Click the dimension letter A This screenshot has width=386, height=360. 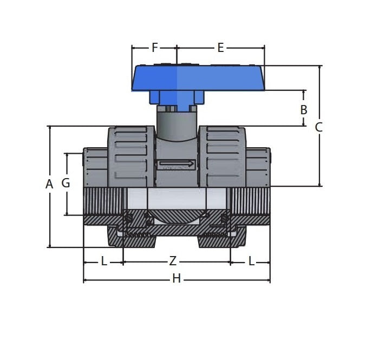pyautogui.click(x=49, y=184)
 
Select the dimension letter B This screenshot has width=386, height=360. pyautogui.click(x=304, y=110)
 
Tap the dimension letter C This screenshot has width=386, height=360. pyautogui.click(x=319, y=127)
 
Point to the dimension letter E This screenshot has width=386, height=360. pyautogui.click(x=220, y=48)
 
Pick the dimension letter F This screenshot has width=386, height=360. pyautogui.click(x=154, y=48)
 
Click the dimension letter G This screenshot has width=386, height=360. pyautogui.click(x=66, y=183)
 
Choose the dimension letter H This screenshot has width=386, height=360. pyautogui.click(x=176, y=279)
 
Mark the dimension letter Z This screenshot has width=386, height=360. pyautogui.click(x=173, y=261)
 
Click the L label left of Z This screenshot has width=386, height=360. pyautogui.click(x=104, y=261)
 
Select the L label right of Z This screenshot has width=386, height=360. pyautogui.click(x=251, y=261)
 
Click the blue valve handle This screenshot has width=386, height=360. pyautogui.click(x=198, y=78)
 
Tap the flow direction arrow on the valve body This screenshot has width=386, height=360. pyautogui.click(x=176, y=163)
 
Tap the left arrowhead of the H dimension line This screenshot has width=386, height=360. pyautogui.click(x=86, y=280)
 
